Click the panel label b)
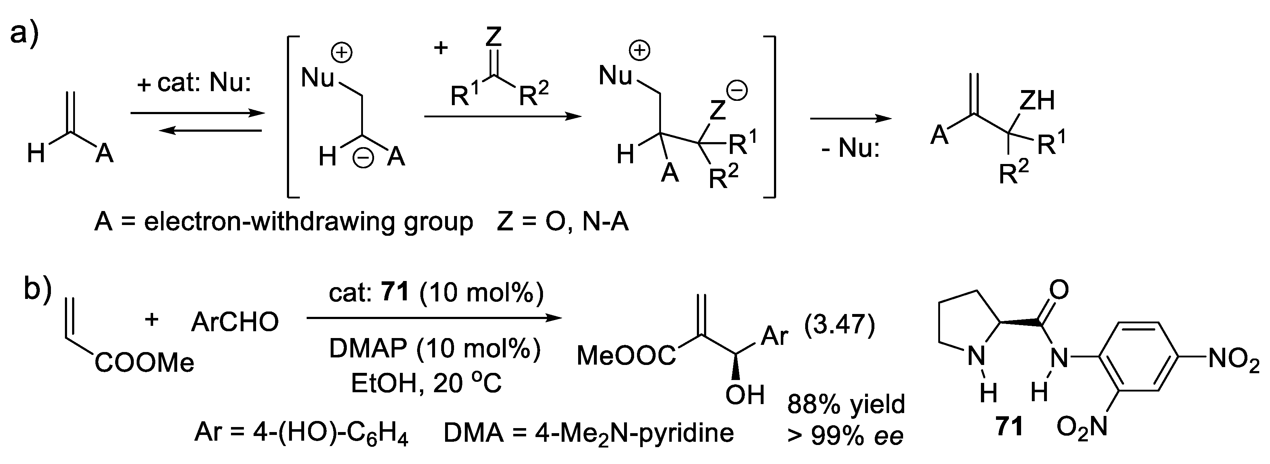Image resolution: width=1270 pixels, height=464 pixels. click(37, 291)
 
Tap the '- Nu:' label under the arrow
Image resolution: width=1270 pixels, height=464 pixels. click(850, 147)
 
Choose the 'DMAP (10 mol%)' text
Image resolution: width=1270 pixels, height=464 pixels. click(435, 349)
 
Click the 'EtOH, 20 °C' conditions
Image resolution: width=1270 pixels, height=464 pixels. click(426, 383)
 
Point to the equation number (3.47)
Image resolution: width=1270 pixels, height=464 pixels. click(839, 324)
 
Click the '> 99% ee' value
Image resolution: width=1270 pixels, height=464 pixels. click(845, 436)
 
